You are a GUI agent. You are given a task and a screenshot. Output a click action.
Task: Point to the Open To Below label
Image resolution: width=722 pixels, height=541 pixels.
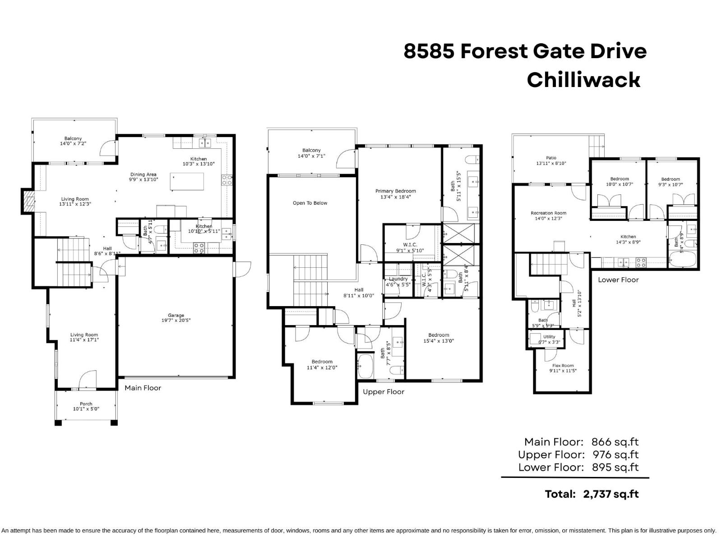coord(310,203)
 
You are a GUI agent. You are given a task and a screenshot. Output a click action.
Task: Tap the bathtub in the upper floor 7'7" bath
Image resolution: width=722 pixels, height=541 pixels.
coord(365,366)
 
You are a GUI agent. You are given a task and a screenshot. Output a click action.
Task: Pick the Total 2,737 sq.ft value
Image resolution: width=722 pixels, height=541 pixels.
coord(611,494)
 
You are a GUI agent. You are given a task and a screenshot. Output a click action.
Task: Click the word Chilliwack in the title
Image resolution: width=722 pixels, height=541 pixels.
coord(583,80)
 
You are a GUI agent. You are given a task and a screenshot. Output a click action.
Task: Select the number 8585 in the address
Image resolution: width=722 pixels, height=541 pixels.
coord(428,51)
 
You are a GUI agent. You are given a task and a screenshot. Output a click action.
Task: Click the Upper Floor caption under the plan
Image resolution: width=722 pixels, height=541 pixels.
coord(384,392)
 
